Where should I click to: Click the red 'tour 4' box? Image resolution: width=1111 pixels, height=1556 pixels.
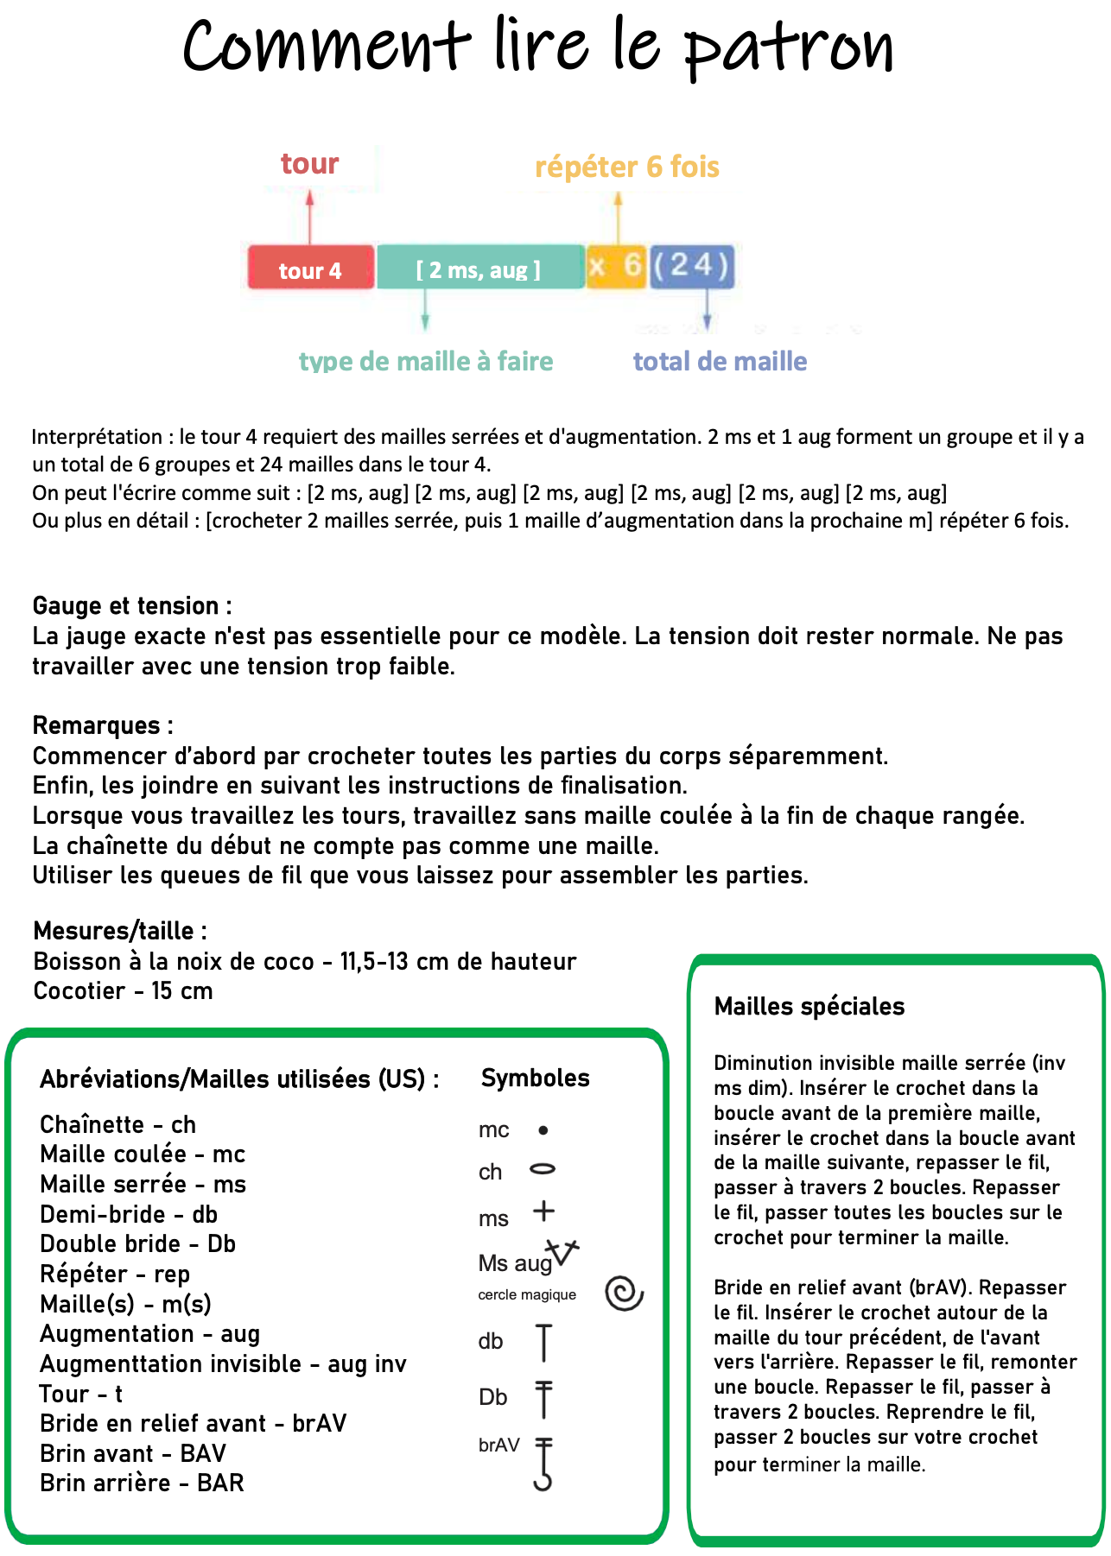[x=310, y=268]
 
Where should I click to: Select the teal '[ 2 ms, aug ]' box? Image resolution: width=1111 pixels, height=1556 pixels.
[x=479, y=268]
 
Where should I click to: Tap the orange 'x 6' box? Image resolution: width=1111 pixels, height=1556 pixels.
[x=616, y=266]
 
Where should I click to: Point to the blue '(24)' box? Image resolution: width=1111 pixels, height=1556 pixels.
[x=692, y=266]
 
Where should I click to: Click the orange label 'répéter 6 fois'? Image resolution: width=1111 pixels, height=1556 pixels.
[x=627, y=167]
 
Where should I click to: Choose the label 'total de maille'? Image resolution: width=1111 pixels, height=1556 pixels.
[x=720, y=361]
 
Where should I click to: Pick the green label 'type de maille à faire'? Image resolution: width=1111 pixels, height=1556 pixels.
[x=426, y=361]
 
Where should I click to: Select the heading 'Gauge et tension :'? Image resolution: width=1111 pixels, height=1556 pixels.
[x=131, y=605]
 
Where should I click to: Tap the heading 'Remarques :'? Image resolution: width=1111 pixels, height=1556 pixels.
[x=103, y=725]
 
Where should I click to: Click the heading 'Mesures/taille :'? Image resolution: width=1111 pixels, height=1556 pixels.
[x=120, y=931]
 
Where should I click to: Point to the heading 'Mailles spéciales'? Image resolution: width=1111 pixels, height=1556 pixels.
[x=809, y=1006]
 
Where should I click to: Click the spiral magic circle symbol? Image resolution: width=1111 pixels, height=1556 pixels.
[x=625, y=1293]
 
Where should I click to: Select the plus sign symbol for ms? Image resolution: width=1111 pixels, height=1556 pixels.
[x=543, y=1211]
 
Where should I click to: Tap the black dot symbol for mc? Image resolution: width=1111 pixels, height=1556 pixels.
[x=543, y=1129]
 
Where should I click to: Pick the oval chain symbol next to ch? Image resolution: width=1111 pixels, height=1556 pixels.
[x=543, y=1169]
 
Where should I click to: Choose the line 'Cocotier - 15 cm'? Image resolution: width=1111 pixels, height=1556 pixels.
[x=123, y=990]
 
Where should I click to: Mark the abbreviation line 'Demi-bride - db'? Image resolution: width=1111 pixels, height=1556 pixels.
[x=129, y=1214]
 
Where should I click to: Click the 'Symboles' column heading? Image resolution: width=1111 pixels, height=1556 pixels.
[x=535, y=1078]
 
